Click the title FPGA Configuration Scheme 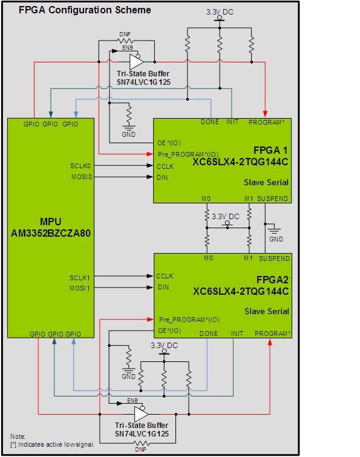click(x=85, y=10)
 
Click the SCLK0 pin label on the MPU click(x=80, y=165)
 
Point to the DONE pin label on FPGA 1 click(x=210, y=122)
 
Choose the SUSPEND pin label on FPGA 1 click(x=273, y=199)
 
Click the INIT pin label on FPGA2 click(x=237, y=333)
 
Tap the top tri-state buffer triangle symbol click(x=136, y=62)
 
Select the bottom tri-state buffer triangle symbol click(x=140, y=415)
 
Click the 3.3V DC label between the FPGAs click(x=226, y=215)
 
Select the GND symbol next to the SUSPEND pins click(x=276, y=232)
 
